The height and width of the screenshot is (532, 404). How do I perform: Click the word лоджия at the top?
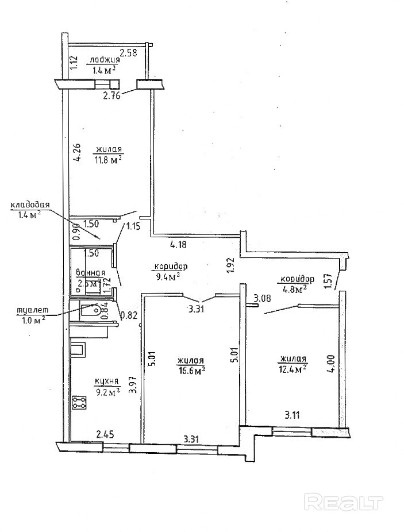[103, 60]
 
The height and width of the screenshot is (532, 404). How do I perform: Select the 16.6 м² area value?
[192, 371]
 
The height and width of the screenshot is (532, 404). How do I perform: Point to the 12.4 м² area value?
[293, 368]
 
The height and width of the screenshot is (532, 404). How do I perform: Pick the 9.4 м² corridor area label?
[167, 276]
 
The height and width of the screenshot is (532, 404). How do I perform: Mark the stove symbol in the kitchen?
[79, 403]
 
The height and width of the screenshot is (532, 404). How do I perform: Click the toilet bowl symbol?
[90, 311]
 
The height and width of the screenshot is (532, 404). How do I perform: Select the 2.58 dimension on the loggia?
[128, 53]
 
